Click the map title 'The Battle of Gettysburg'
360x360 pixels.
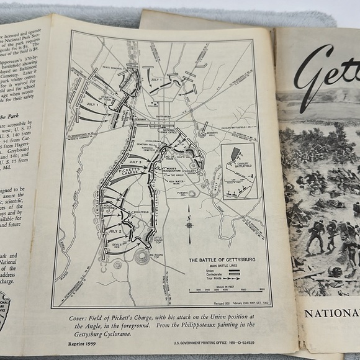(215, 259)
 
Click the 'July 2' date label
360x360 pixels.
(114, 232)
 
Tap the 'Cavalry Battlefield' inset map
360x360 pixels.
(239, 171)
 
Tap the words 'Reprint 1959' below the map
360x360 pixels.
(83, 342)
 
